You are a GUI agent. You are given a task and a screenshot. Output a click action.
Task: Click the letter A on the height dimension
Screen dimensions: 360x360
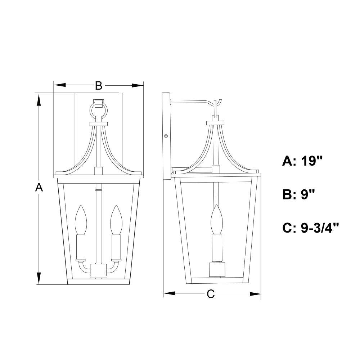point(39,187)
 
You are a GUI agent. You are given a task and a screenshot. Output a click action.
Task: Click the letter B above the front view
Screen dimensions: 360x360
point(99,86)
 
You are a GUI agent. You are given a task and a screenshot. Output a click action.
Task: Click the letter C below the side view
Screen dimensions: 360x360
point(211,294)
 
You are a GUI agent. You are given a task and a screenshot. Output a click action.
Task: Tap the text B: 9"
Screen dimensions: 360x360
point(298,194)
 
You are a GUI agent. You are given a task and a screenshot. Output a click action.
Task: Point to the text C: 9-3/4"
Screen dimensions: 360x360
point(311,228)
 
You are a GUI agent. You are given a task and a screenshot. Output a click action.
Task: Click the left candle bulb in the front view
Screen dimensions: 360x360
point(81,220)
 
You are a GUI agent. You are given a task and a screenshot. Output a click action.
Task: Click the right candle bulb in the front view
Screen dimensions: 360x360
point(116,220)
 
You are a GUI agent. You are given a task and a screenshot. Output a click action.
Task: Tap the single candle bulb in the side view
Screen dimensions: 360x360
point(217,219)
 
